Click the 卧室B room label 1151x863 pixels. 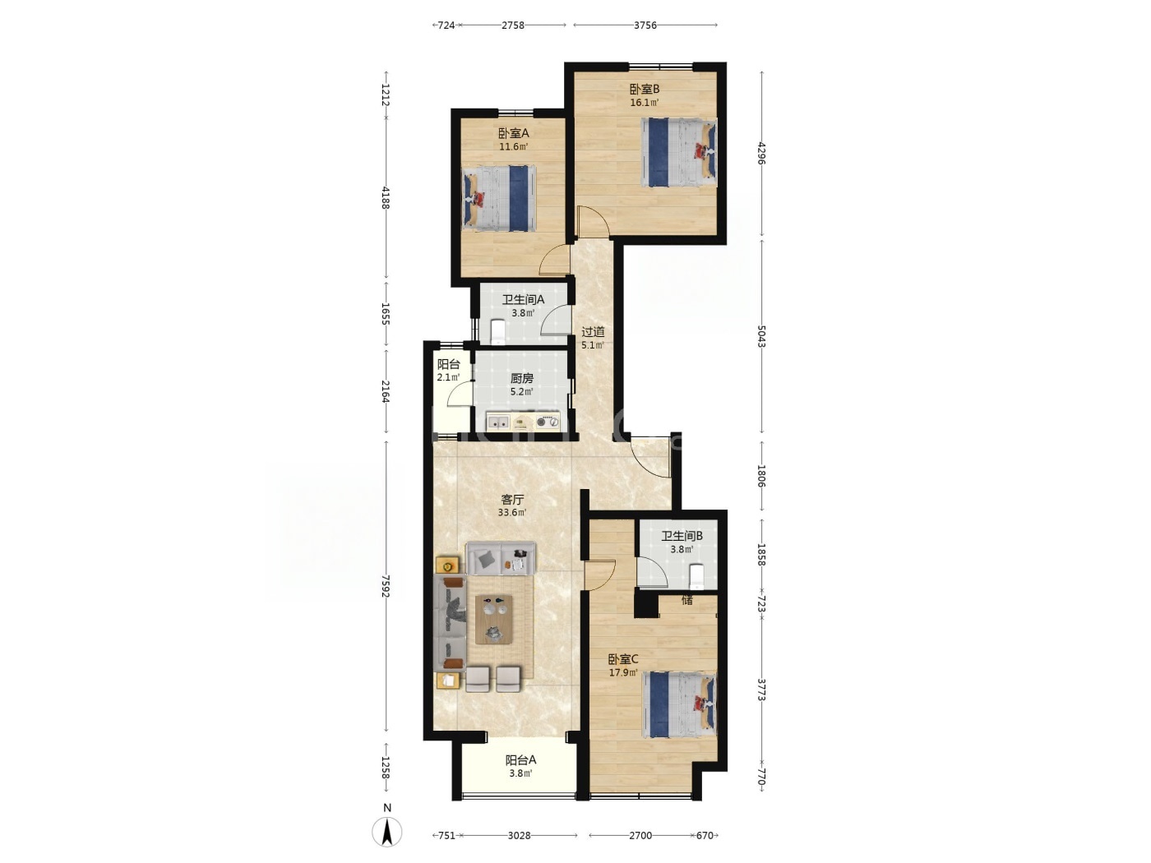point(644,89)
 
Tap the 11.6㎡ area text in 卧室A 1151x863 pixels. point(513,147)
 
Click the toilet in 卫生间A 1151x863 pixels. point(497,331)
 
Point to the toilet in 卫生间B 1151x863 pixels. point(696,576)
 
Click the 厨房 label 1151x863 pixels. point(521,378)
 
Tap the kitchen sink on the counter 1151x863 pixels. point(131,422)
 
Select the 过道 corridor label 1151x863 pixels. point(593,332)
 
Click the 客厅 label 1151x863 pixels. point(512,500)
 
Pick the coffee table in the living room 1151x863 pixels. point(493,619)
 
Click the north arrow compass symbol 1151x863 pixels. point(387,832)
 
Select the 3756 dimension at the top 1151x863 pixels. point(645,25)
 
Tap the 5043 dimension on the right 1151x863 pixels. point(762,336)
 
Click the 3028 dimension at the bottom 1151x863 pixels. point(519,836)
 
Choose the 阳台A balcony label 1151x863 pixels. point(520,759)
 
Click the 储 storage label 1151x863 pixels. point(687,600)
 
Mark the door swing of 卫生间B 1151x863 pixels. point(652,572)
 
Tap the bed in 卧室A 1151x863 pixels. point(499,198)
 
